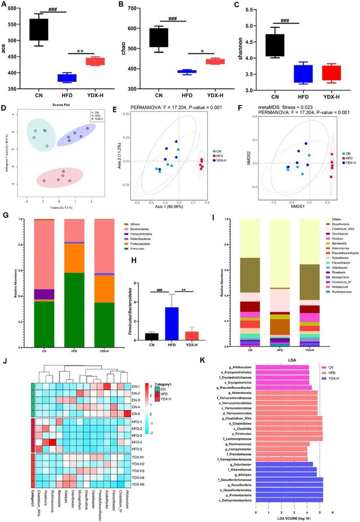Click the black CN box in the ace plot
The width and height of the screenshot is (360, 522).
(39, 30)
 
